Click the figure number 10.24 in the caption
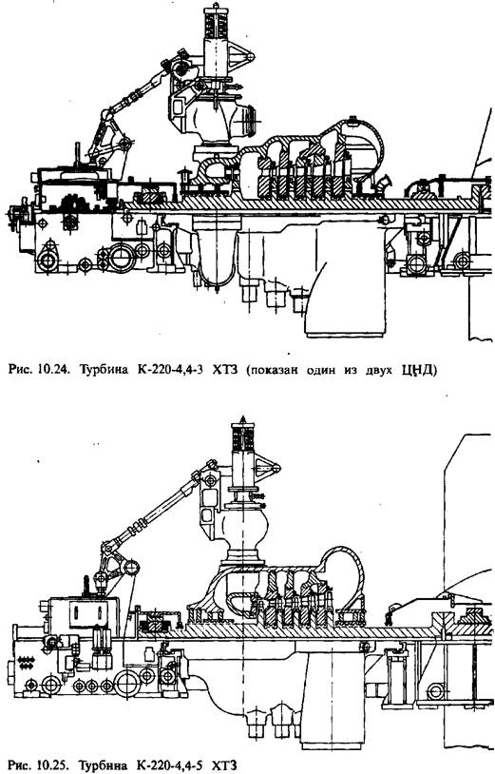coord(50,369)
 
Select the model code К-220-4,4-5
coord(163,765)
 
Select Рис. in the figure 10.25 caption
coord(20,765)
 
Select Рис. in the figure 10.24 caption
coord(20,369)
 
